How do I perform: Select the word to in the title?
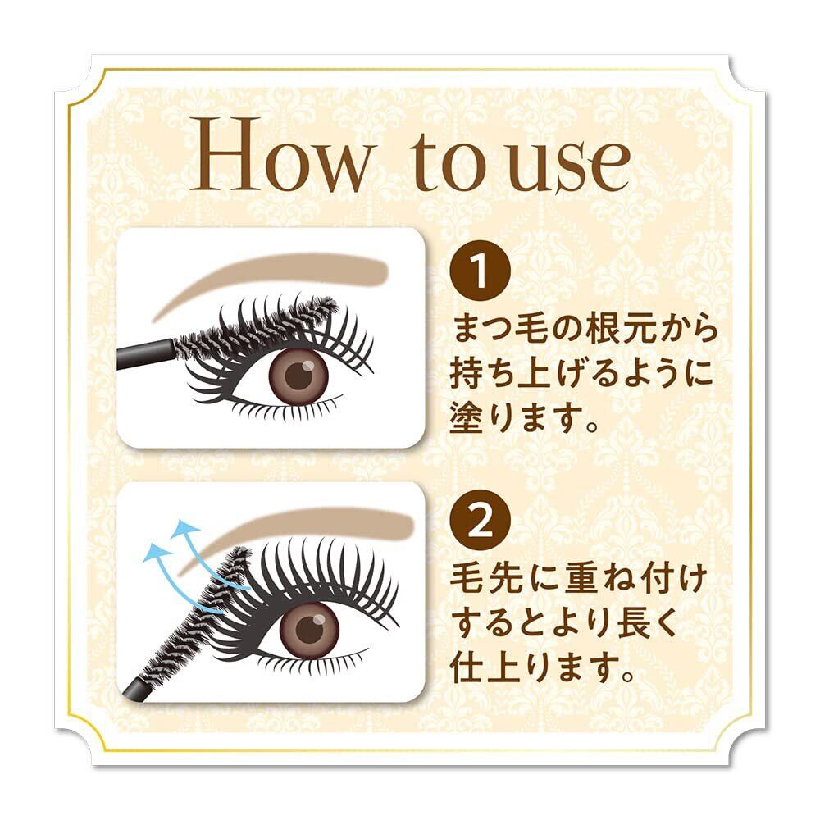(453, 161)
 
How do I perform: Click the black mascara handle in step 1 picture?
(145, 354)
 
